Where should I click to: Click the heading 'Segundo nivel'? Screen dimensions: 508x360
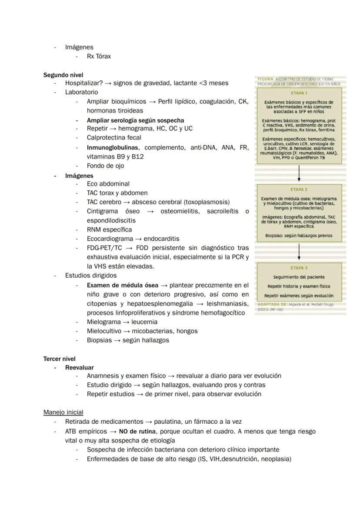(x=63, y=75)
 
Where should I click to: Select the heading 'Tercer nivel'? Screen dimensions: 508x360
(x=59, y=359)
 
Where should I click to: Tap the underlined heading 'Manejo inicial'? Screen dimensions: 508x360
(x=63, y=412)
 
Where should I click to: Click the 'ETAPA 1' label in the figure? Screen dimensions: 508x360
(x=299, y=93)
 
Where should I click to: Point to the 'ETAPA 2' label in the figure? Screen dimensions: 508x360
(x=299, y=189)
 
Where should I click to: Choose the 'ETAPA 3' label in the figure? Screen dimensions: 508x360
(x=299, y=268)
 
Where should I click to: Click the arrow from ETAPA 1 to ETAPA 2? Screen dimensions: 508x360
(x=299, y=173)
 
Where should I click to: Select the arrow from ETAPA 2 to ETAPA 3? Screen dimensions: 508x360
(x=299, y=251)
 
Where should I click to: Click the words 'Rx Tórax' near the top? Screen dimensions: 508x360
(x=99, y=56)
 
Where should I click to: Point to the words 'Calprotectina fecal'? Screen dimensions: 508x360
(x=114, y=138)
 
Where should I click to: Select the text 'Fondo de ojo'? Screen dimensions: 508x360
(x=105, y=166)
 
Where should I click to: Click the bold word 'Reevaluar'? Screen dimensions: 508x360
(x=79, y=368)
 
